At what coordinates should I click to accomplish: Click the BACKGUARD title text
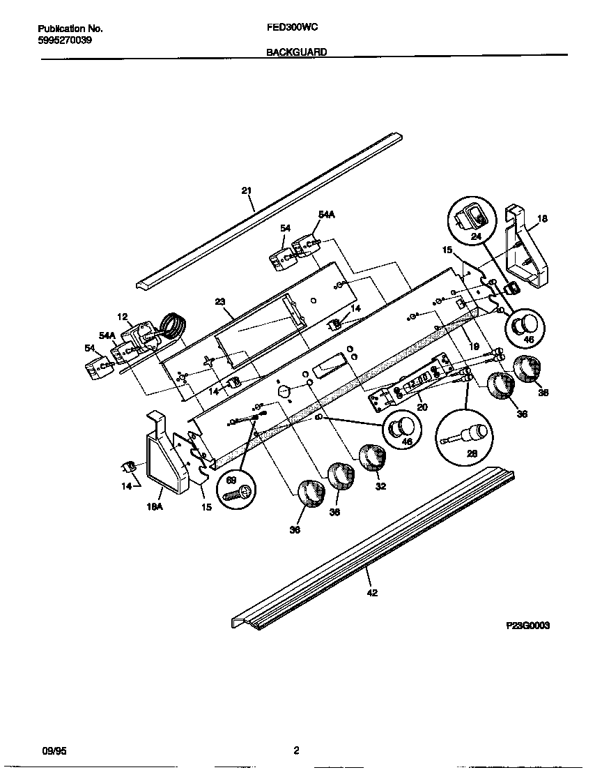(x=296, y=52)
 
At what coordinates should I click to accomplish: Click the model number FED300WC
(x=292, y=29)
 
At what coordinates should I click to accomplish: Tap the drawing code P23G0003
(x=527, y=626)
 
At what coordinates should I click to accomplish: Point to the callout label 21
(x=246, y=190)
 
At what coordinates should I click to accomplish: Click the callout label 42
(x=372, y=592)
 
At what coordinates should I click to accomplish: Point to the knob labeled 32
(x=373, y=458)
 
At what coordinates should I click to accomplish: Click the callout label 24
(x=477, y=236)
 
